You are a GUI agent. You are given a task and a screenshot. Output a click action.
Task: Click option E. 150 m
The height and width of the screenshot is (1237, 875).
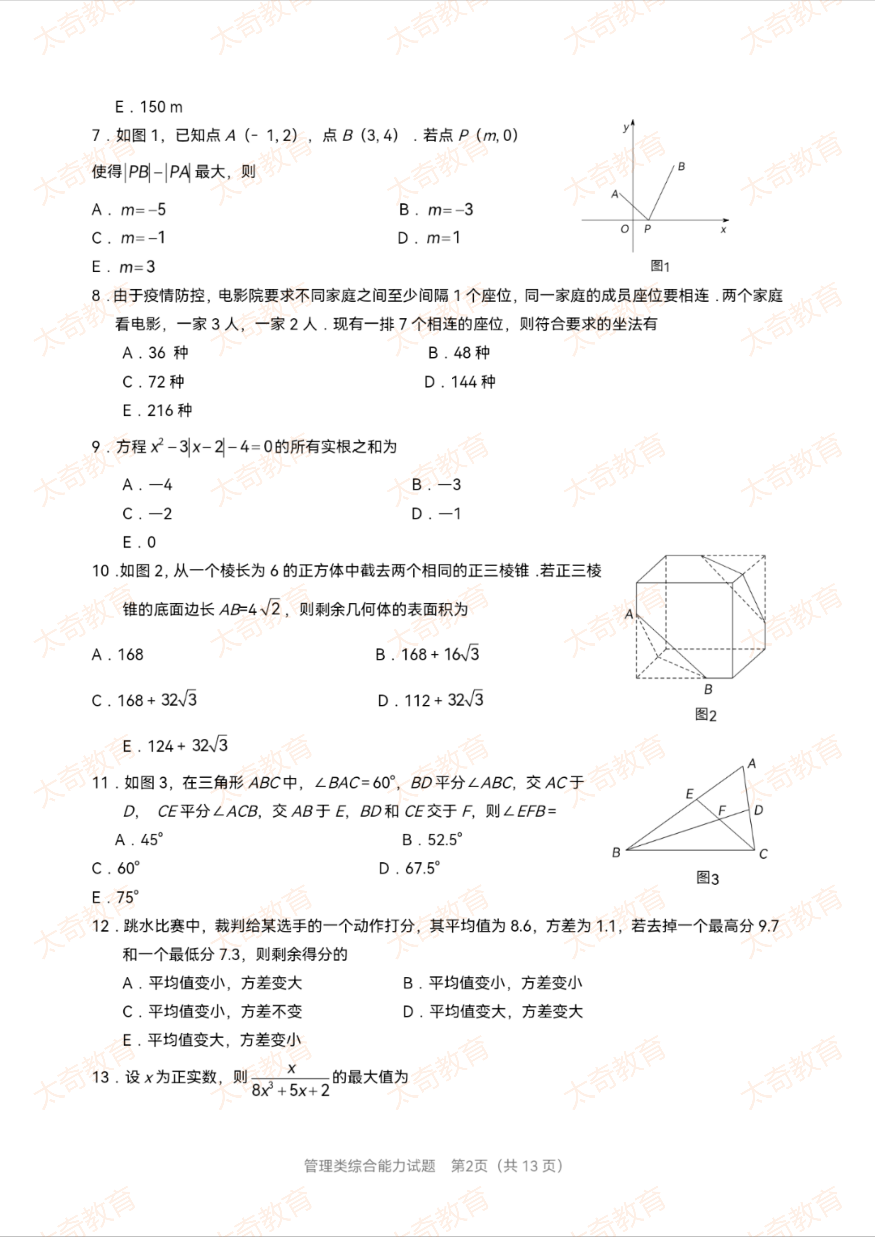click(149, 107)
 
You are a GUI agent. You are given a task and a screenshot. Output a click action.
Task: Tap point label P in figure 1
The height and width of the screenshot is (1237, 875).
click(647, 229)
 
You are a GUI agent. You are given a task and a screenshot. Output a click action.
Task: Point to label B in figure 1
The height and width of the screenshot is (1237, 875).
click(681, 166)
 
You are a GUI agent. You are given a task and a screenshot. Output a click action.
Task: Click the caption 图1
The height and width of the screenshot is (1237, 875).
click(660, 266)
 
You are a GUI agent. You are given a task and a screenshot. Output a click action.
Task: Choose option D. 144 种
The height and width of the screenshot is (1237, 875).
click(460, 382)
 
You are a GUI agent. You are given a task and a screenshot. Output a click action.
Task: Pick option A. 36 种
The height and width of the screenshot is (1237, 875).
click(155, 353)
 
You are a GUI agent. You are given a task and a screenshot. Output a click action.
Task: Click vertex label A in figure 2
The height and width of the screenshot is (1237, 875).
click(629, 614)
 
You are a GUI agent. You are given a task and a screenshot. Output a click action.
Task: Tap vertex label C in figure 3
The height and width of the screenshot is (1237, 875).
click(763, 855)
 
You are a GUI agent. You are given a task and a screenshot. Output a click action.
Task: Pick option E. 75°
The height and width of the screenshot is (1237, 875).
click(116, 897)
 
